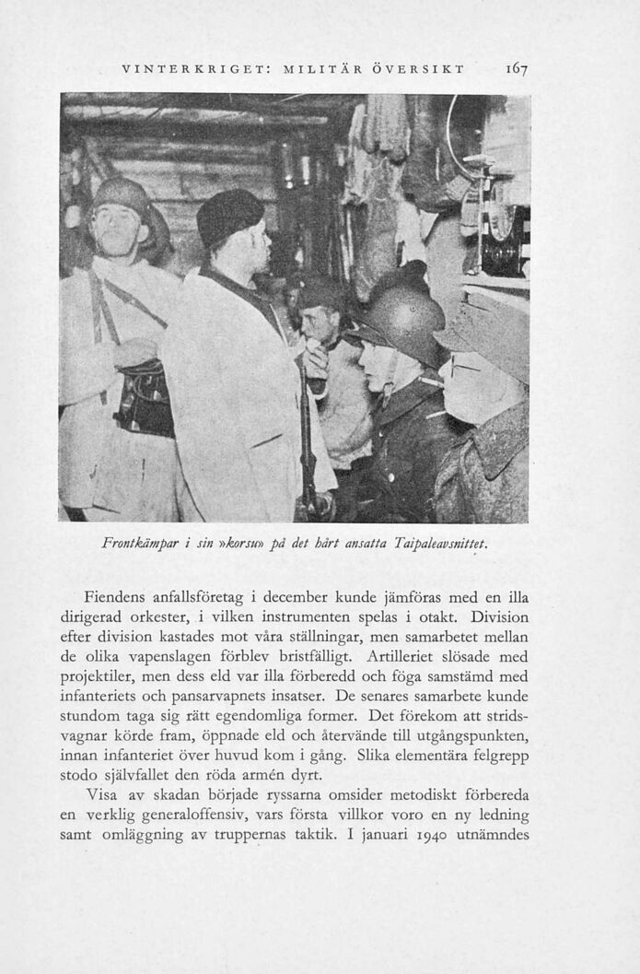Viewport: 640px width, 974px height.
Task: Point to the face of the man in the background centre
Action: [316, 323]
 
